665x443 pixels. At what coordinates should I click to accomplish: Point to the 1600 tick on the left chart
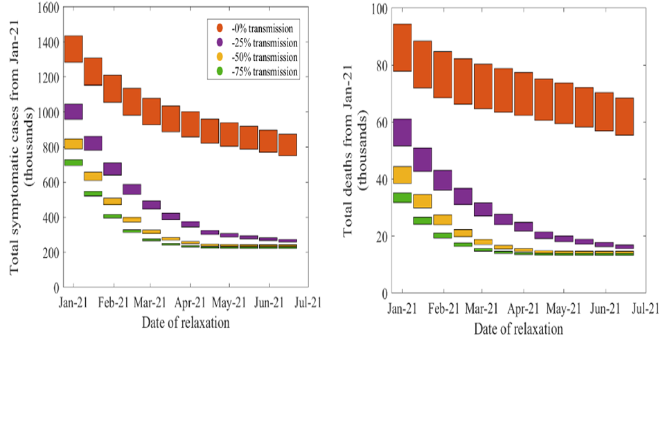tap(46, 8)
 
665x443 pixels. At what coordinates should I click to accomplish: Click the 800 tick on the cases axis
tap(49, 147)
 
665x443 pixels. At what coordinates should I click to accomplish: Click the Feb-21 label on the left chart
tap(113, 302)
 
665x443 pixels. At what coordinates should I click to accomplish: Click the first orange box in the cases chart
tap(73, 48)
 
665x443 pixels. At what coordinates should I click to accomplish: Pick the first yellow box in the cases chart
tap(73, 143)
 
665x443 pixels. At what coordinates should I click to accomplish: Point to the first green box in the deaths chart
tap(402, 197)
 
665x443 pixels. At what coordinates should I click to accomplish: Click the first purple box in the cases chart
tap(73, 111)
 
